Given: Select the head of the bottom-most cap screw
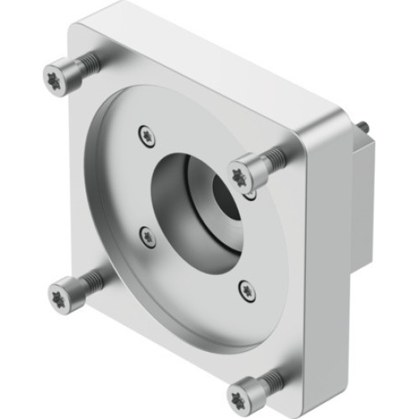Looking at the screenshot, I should (x=246, y=391).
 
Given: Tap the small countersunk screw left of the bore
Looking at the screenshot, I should (x=147, y=237).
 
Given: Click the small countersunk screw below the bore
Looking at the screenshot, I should (x=245, y=290).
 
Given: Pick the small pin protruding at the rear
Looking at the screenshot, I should (x=367, y=125).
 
